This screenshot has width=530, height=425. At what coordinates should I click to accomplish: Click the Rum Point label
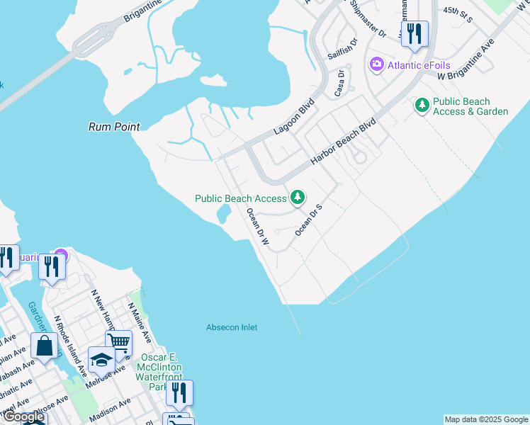pos(113,127)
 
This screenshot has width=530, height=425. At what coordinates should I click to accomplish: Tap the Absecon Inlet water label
pos(232,327)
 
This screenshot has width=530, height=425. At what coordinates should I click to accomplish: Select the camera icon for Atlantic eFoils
pos(376,65)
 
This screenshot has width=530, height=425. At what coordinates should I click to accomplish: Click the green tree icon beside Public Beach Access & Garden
pos(422,106)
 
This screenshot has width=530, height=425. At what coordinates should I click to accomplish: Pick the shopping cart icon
pos(118,344)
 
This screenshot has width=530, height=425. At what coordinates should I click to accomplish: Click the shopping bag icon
pos(45,346)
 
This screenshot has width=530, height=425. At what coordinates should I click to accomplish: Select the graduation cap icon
pos(101,360)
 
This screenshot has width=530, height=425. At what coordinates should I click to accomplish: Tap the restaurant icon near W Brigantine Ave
pos(415,33)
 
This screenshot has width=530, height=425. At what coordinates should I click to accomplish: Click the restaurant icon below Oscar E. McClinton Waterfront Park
pos(179,393)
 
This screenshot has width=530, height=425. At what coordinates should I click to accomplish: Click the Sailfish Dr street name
pos(339,50)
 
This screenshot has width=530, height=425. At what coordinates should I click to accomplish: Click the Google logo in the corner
pos(23,417)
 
